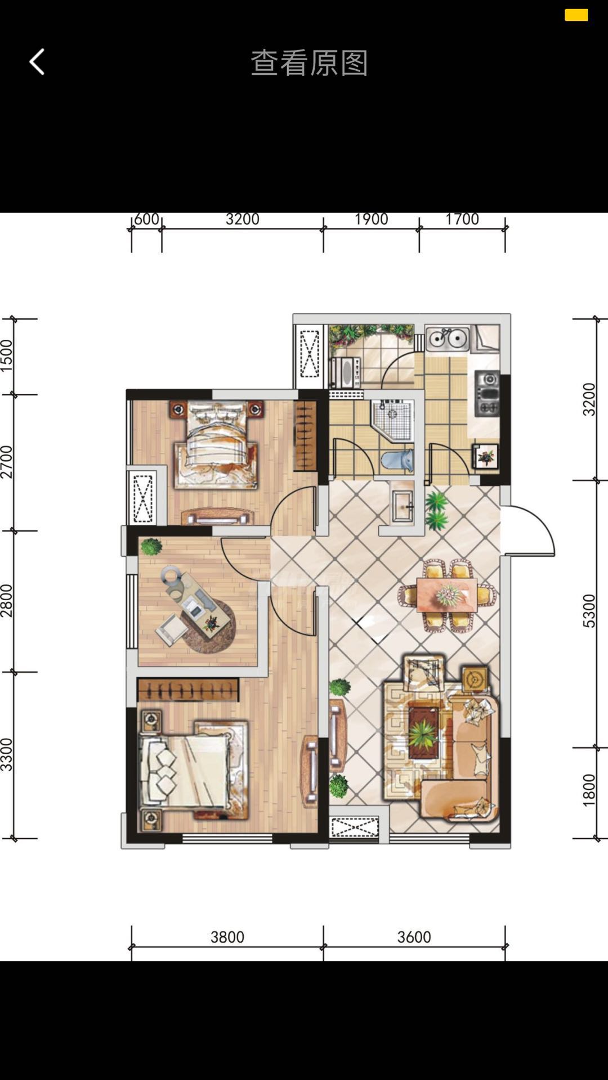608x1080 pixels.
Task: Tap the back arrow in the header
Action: [37, 62]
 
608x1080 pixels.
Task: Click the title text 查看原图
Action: [309, 62]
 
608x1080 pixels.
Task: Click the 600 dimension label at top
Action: [146, 219]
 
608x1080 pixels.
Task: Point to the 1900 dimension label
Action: [371, 219]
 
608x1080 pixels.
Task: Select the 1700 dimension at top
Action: [462, 219]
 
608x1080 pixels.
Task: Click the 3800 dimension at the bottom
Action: [227, 937]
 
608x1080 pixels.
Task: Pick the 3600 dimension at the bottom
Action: [414, 937]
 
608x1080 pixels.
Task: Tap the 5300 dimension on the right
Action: [588, 611]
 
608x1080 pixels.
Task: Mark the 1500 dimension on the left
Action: [6, 355]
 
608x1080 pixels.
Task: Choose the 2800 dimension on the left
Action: [6, 601]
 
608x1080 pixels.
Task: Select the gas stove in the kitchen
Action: [487, 393]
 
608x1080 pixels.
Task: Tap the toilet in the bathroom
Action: [397, 460]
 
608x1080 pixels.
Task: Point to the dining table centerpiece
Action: [449, 594]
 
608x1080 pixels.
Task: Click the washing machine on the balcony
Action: [345, 372]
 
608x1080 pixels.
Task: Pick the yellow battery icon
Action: [576, 15]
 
